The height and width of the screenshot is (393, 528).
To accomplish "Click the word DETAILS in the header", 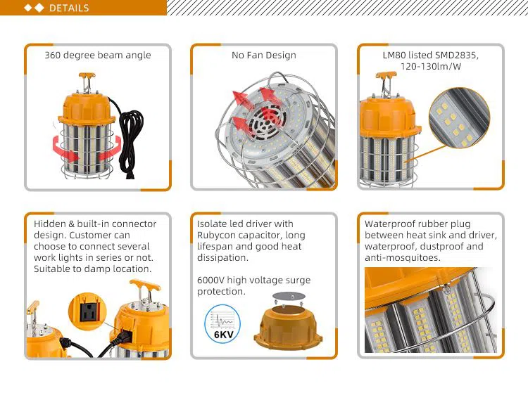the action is click(x=69, y=8).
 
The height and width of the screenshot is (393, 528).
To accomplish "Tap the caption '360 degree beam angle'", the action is click(x=98, y=55).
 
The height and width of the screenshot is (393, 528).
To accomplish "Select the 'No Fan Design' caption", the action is click(x=264, y=55).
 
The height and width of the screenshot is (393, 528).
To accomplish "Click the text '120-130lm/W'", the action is click(x=431, y=66).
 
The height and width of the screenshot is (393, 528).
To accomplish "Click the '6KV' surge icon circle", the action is click(x=222, y=323).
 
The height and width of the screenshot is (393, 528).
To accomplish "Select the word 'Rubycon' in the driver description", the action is click(x=216, y=236).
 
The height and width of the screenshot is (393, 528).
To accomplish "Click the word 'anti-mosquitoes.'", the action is click(x=403, y=258).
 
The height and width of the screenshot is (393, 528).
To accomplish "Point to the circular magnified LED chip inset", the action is click(x=459, y=117).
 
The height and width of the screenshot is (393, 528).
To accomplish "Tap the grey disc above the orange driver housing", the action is click(x=289, y=296).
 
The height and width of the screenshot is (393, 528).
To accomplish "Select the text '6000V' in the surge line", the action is click(x=210, y=280).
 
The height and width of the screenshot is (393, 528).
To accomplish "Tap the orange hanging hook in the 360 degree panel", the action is click(x=87, y=79).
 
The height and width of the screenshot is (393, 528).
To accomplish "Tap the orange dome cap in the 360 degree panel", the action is click(x=86, y=108).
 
